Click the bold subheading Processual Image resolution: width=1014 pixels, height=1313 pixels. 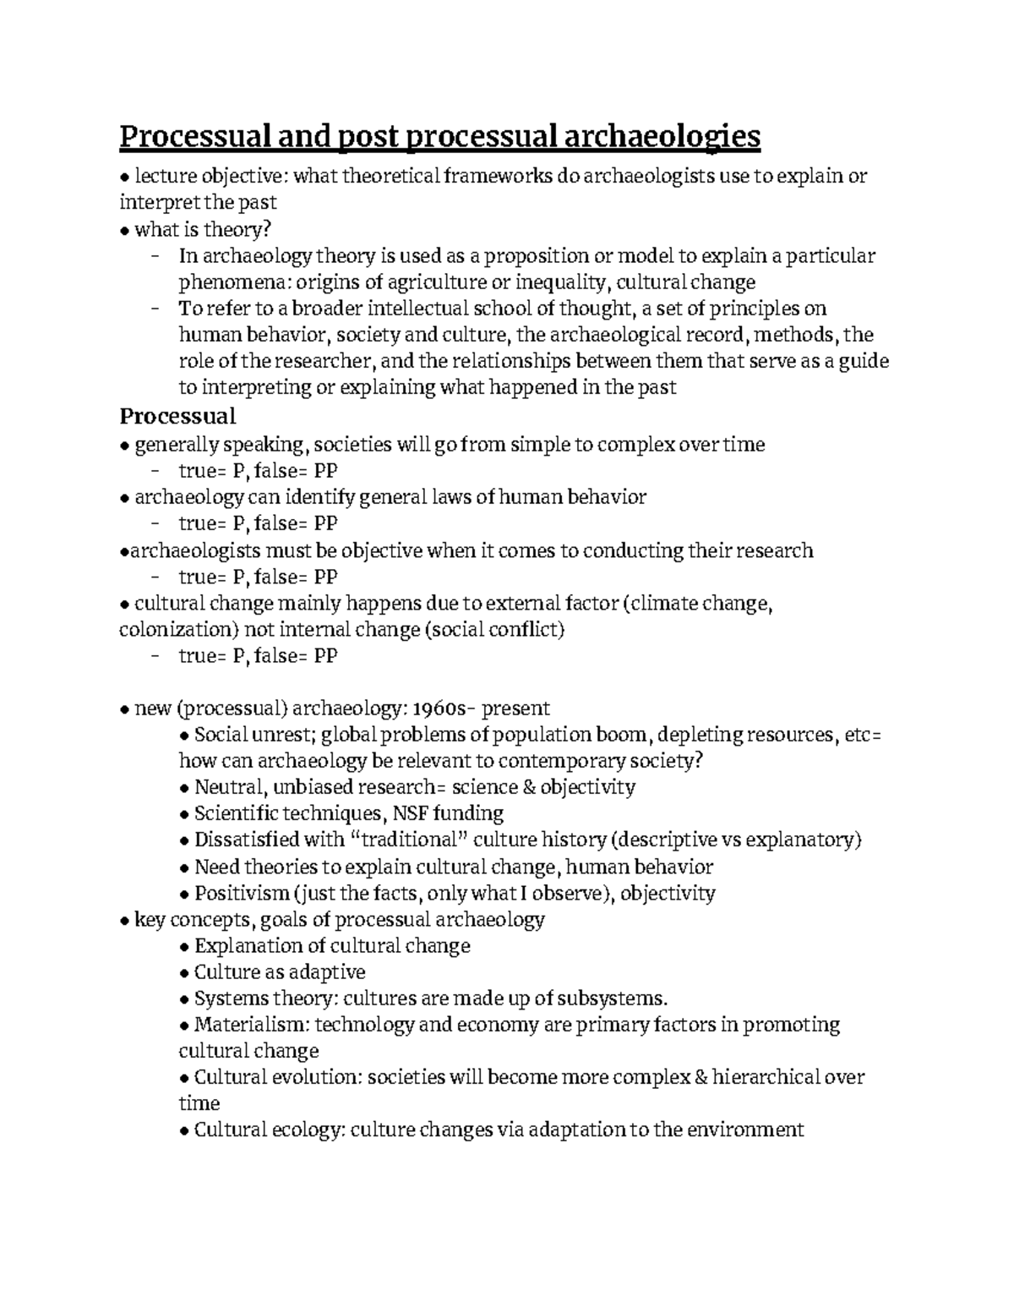coord(177,416)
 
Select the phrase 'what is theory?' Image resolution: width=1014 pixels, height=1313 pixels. coord(204,229)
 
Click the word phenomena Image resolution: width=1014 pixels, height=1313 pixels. coord(221,282)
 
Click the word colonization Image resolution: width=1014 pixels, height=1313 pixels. coord(173,630)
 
